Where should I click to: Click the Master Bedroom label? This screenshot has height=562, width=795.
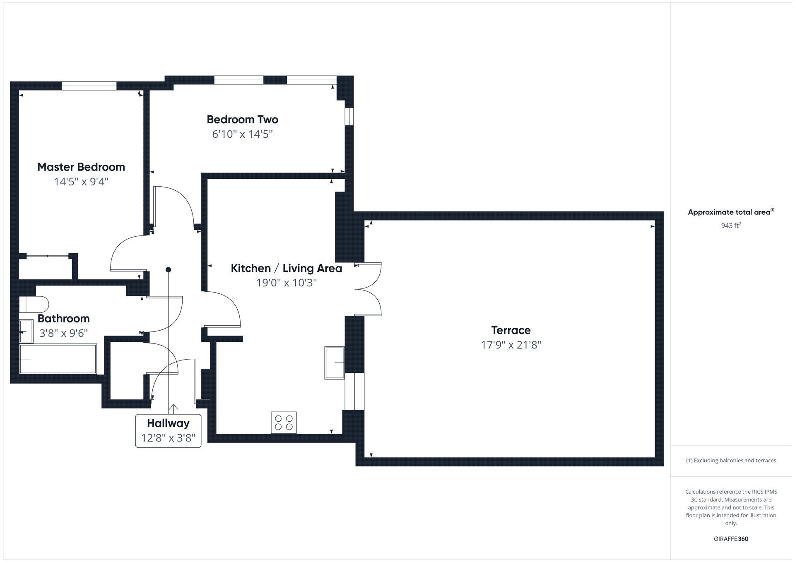tap(81, 167)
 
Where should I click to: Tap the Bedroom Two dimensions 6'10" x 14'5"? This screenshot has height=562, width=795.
tap(242, 134)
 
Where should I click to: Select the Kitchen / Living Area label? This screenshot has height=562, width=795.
tap(286, 268)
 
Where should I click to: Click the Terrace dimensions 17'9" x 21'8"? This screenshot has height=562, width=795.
tap(511, 345)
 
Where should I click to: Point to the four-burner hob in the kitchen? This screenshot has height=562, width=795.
tap(284, 423)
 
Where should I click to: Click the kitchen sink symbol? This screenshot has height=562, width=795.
tap(334, 363)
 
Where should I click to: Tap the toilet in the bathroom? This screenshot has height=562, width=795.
tap(33, 304)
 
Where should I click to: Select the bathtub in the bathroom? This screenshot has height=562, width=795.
tap(58, 359)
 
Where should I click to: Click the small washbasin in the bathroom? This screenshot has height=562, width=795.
tap(26, 331)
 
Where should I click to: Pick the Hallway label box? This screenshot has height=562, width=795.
tap(168, 430)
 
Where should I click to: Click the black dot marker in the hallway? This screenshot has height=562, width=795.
tap(168, 270)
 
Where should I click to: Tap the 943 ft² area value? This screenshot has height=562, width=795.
tap(731, 226)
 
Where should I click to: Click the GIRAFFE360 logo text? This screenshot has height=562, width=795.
tap(731, 539)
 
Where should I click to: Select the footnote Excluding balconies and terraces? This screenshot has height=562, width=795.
tap(731, 460)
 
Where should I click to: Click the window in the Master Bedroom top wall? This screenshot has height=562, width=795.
tap(89, 86)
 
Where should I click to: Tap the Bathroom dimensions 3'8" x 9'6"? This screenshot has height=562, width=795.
tap(63, 333)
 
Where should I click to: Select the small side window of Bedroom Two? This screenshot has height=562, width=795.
tap(349, 116)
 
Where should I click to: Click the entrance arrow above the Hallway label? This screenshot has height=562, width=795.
tap(173, 409)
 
